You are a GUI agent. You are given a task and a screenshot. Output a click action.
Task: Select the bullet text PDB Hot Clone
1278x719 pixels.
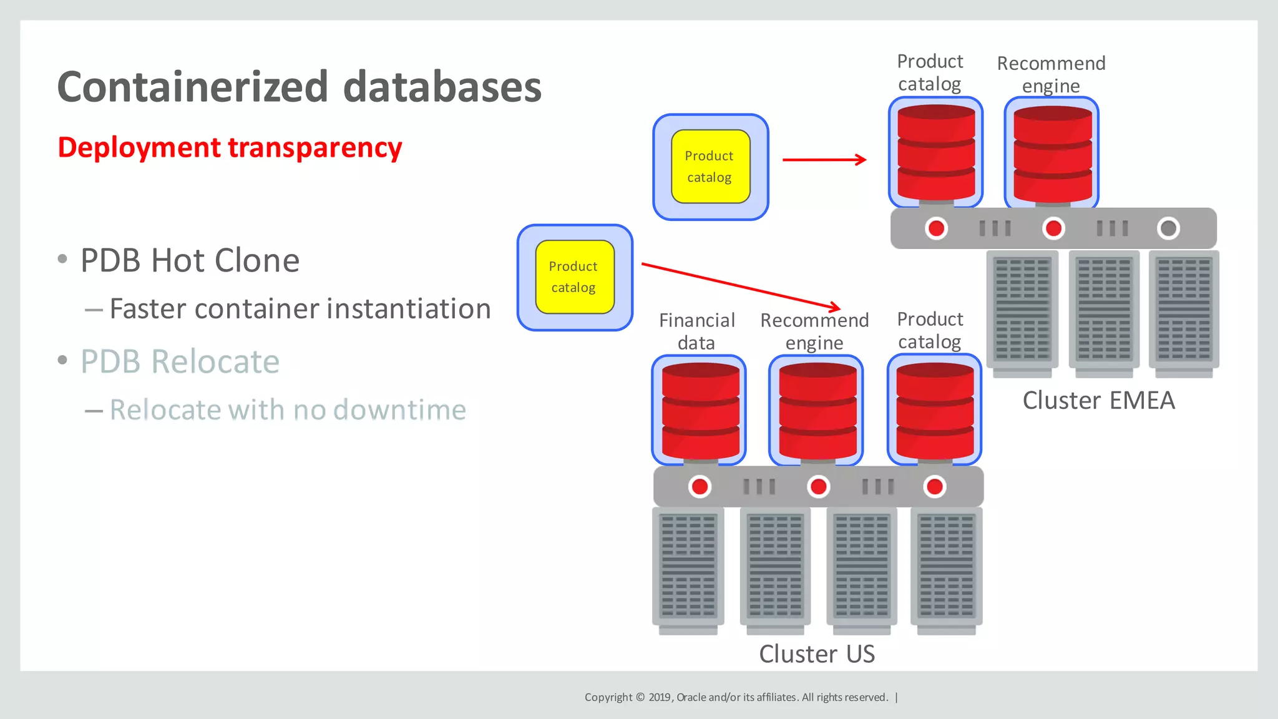[190, 260]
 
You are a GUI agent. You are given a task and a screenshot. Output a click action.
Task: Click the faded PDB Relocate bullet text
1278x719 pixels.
[180, 361]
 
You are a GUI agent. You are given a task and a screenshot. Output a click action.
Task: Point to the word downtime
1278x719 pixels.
[399, 410]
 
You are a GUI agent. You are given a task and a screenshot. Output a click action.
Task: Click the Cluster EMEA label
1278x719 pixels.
[1098, 400]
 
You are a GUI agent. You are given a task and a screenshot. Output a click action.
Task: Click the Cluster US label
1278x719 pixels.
[816, 653]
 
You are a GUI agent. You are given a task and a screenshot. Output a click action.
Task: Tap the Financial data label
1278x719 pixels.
[696, 331]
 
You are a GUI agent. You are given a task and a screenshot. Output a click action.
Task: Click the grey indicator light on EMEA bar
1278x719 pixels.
[1168, 228]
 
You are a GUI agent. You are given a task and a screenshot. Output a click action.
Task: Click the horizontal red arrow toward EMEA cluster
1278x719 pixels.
[824, 160]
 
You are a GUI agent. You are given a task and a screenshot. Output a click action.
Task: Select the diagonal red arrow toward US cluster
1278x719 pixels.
[741, 286]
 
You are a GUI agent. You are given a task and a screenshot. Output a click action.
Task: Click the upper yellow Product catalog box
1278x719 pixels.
[710, 167]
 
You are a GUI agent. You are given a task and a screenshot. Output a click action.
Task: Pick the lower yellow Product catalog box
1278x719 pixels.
[574, 277]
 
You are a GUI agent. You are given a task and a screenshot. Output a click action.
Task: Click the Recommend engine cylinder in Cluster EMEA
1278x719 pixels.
[1052, 154]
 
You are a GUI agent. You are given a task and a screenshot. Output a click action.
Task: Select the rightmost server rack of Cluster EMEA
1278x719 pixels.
[1183, 311]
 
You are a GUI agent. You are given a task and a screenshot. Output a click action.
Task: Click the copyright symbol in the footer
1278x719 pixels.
[640, 697]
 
